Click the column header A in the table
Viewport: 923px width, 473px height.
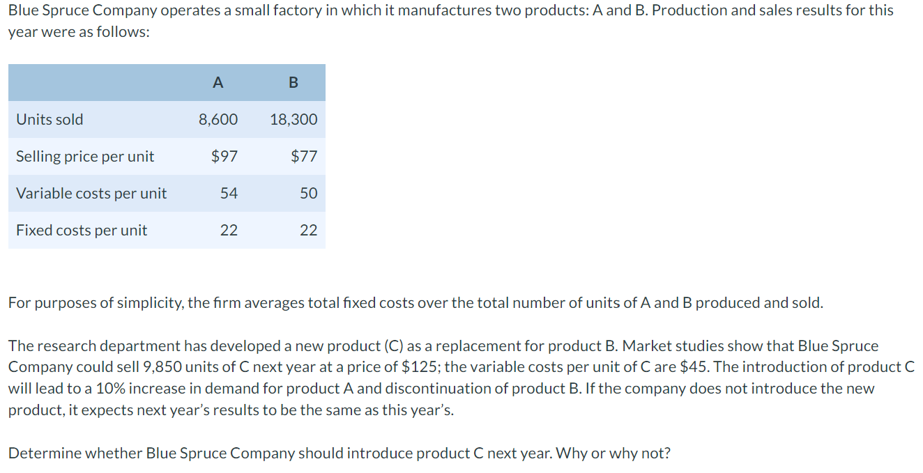(218, 83)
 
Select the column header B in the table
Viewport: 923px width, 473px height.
(293, 83)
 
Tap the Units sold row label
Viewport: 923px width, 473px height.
(49, 119)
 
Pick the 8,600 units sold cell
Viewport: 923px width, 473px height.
(218, 119)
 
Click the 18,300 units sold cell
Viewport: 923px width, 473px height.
(293, 119)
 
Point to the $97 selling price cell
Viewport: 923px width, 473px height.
(224, 156)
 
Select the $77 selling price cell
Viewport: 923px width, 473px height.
(304, 156)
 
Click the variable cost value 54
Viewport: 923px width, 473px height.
(229, 193)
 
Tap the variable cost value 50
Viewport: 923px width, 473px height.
(308, 193)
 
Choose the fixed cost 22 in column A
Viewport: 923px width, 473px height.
(229, 230)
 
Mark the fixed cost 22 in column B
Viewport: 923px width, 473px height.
(308, 230)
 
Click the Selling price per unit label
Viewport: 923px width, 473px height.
(85, 156)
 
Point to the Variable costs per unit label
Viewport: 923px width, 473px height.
(91, 193)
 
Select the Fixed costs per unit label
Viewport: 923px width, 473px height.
(82, 230)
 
